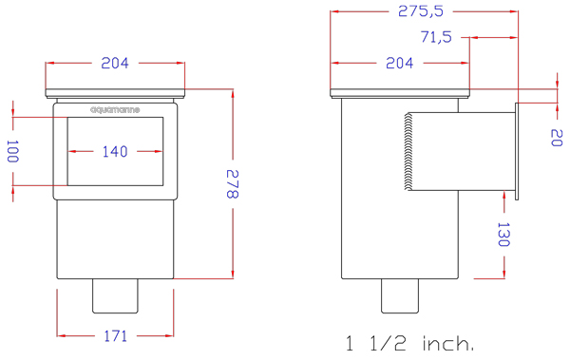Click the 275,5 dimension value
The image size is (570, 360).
coord(421,11)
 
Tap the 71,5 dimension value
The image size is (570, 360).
coord(436,37)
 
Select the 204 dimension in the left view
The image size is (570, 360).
coord(115,63)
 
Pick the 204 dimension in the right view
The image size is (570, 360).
coord(400,63)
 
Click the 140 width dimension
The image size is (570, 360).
coord(115,151)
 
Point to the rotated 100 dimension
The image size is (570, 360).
coord(12,151)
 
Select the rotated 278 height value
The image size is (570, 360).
coord(233,184)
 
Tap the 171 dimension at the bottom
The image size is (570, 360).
coord(116,335)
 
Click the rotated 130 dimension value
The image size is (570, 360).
coord(503,235)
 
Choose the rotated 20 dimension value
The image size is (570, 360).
coord(557,138)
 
